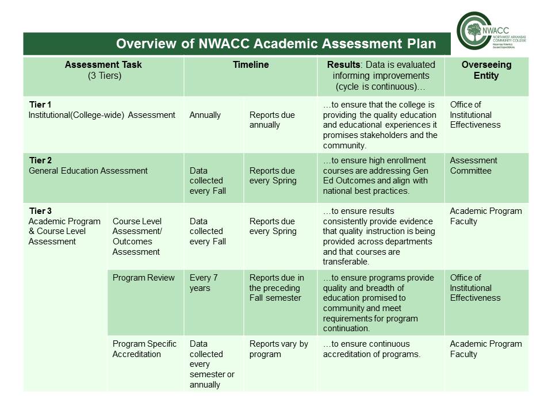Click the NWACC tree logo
(474, 33)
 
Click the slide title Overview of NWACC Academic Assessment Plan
(275, 44)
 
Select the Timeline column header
(250, 65)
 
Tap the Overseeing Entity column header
(486, 70)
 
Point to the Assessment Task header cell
(103, 70)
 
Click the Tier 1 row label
(40, 105)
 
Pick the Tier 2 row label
(40, 160)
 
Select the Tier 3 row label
(40, 211)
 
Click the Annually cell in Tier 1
(205, 115)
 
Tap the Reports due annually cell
(272, 120)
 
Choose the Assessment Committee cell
(474, 166)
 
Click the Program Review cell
(143, 278)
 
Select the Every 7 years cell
(204, 282)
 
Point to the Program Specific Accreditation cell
(144, 349)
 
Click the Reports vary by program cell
(278, 349)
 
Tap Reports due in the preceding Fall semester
(277, 287)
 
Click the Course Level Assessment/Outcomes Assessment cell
(137, 236)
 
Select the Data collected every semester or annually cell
(212, 364)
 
